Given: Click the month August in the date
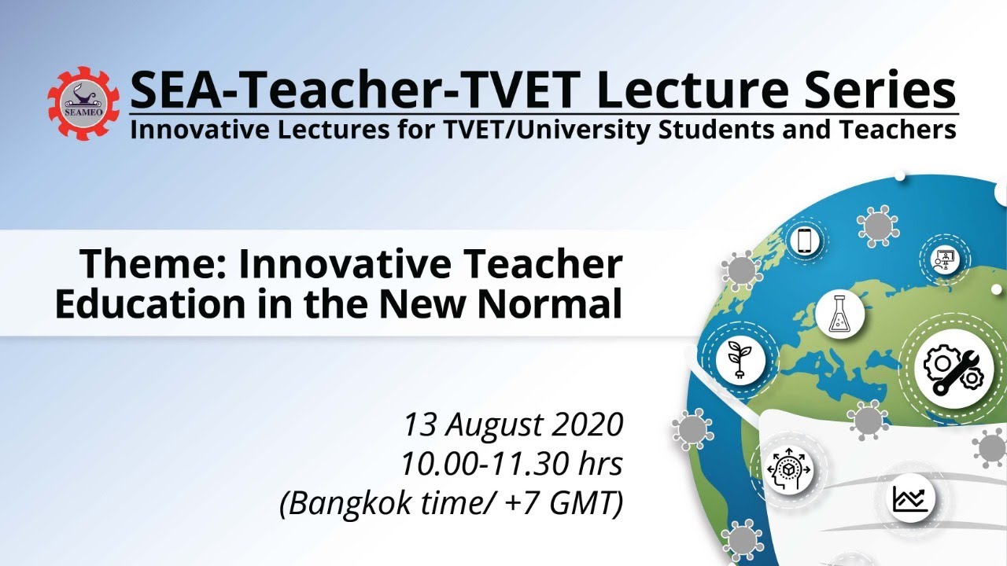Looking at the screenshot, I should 500,425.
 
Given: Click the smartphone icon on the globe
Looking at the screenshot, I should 803,241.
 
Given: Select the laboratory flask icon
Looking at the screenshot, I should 839,314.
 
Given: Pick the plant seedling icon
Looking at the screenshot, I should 740,360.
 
